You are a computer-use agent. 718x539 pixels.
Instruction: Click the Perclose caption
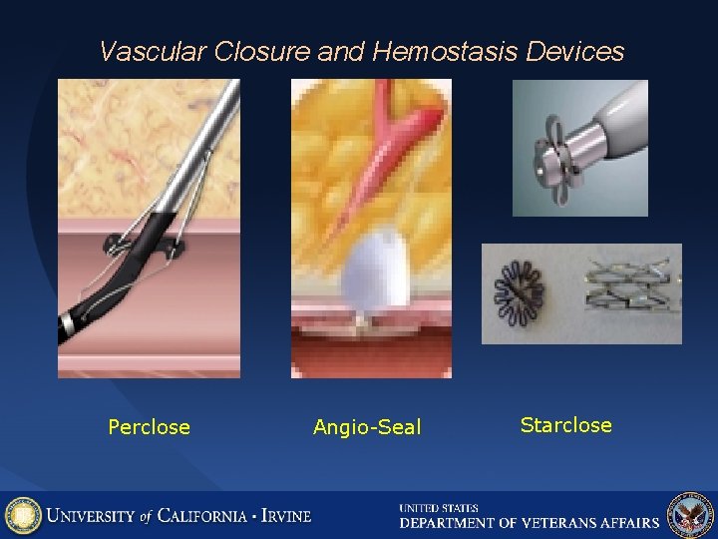tap(149, 427)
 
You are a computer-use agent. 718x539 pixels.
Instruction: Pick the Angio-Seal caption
tap(367, 427)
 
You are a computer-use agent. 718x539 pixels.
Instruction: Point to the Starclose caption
tap(565, 425)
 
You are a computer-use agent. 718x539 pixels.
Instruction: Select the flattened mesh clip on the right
tap(628, 292)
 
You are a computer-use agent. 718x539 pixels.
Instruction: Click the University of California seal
tap(23, 515)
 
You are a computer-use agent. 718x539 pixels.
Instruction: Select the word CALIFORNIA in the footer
tap(203, 516)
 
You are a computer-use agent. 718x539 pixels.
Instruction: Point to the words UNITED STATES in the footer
tap(439, 508)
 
